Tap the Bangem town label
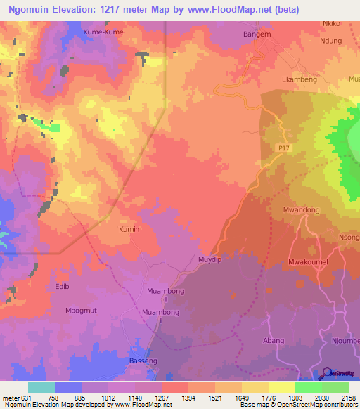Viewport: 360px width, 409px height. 256,32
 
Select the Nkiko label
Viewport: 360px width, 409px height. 331,23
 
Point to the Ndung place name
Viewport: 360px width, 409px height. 330,41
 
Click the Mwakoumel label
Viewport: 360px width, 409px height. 309,262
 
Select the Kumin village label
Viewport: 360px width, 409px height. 129,229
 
